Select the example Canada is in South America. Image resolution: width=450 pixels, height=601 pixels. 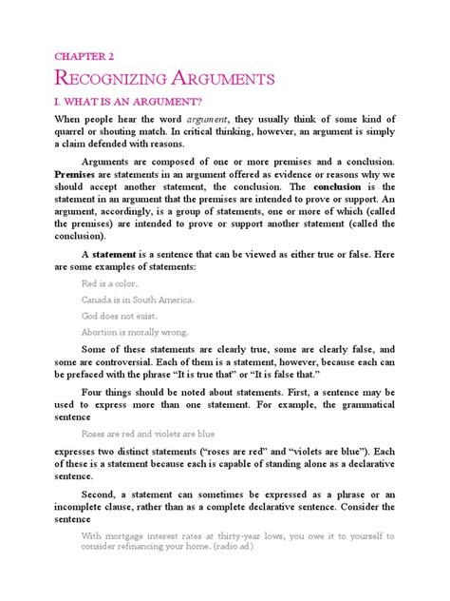pyautogui.click(x=137, y=299)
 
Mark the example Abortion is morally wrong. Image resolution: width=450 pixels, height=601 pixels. pyautogui.click(x=135, y=333)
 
